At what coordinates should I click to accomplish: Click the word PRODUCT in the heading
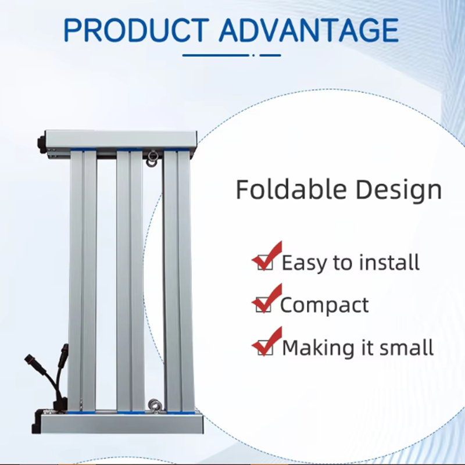click(x=137, y=30)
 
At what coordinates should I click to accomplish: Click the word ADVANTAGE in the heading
click(x=309, y=30)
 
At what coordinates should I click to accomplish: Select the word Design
click(x=399, y=191)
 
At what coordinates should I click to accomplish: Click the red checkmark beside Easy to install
click(x=267, y=255)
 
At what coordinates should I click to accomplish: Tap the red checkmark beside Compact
click(x=266, y=298)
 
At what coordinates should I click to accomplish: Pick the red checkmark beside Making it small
click(x=267, y=341)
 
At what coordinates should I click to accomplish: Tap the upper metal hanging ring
click(x=152, y=159)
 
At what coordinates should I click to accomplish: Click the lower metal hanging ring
click(x=154, y=405)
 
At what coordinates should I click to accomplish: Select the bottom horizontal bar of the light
click(x=121, y=423)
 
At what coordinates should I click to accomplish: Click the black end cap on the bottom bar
click(x=37, y=422)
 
